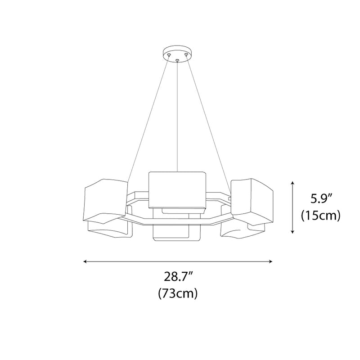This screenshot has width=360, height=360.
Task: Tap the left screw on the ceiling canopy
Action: [169, 54]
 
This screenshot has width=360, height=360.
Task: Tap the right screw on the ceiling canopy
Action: [186, 54]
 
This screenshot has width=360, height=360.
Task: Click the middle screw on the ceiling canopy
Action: [177, 61]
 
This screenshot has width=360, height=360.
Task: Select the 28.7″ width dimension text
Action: [178, 277]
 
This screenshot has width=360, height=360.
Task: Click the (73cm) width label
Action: [178, 293]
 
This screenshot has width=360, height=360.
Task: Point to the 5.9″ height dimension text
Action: [321, 199]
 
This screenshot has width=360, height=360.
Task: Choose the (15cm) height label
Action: [321, 216]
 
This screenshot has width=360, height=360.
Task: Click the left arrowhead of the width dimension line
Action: [85, 261]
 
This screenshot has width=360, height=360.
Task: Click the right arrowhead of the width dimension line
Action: [271, 261]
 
